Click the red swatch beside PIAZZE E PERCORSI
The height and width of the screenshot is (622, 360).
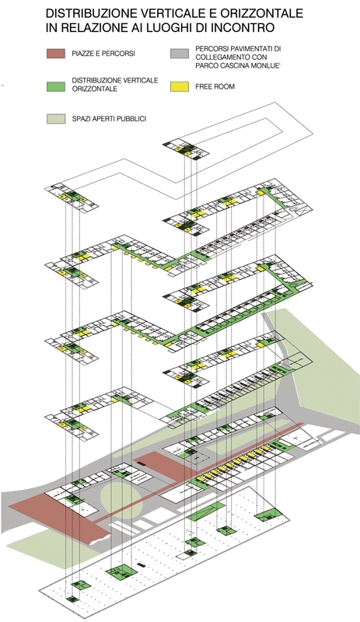point(55,54)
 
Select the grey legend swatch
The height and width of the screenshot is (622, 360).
point(179,54)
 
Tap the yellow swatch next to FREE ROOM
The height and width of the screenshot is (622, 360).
point(179,86)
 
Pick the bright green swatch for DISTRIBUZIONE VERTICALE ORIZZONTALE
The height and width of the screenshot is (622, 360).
point(55,86)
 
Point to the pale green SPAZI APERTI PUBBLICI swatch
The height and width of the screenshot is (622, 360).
point(55,119)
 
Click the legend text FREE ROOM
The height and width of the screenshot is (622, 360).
point(215,86)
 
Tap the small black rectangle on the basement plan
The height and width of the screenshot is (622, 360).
point(140,564)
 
